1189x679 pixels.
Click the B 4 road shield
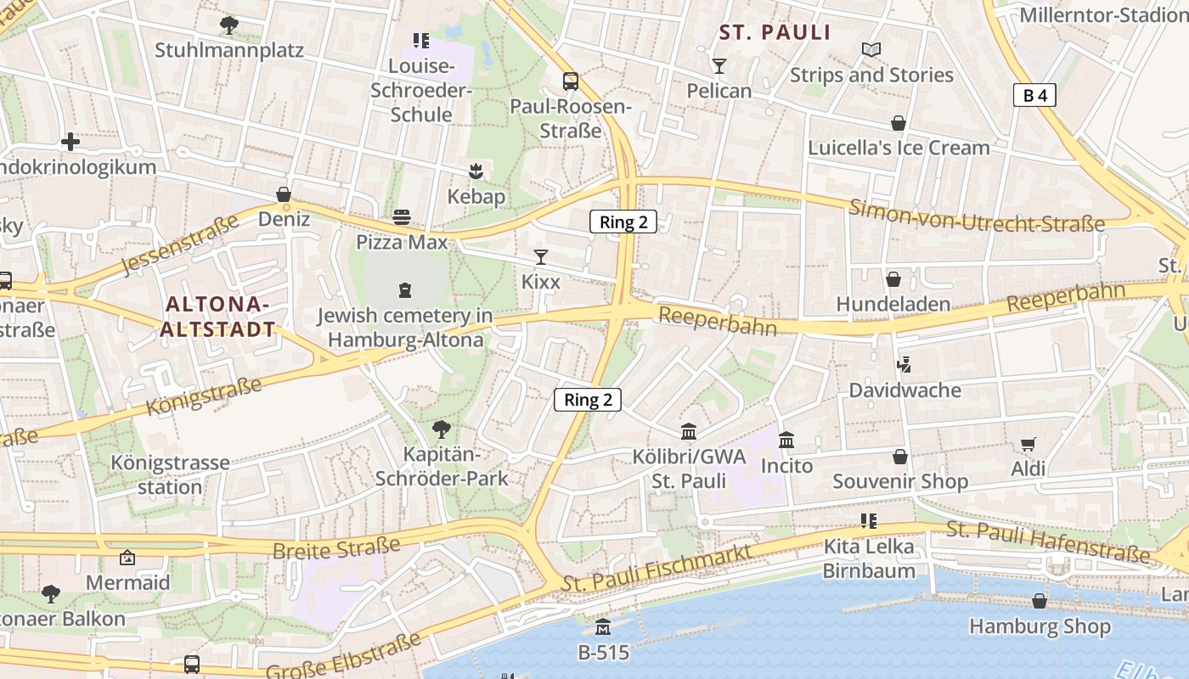(1034, 96)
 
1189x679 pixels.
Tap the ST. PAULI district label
(775, 33)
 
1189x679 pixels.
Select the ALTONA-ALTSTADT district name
(217, 317)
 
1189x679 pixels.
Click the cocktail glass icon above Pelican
(719, 66)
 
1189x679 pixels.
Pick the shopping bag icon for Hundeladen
(893, 279)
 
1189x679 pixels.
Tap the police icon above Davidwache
(904, 366)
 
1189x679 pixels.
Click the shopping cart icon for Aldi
(1028, 444)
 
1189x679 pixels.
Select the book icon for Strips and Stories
(871, 50)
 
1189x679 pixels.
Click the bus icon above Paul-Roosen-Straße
(571, 81)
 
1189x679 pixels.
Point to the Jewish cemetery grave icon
(405, 290)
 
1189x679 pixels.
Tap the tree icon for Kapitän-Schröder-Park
(441, 429)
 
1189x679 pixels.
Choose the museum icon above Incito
(786, 441)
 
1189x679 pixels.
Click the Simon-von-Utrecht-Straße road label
(977, 217)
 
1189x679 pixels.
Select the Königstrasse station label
(170, 475)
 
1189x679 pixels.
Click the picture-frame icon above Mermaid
(127, 558)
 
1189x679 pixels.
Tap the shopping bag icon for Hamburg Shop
(1040, 602)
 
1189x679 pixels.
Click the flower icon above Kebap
(476, 171)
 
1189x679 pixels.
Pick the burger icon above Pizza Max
(402, 217)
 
